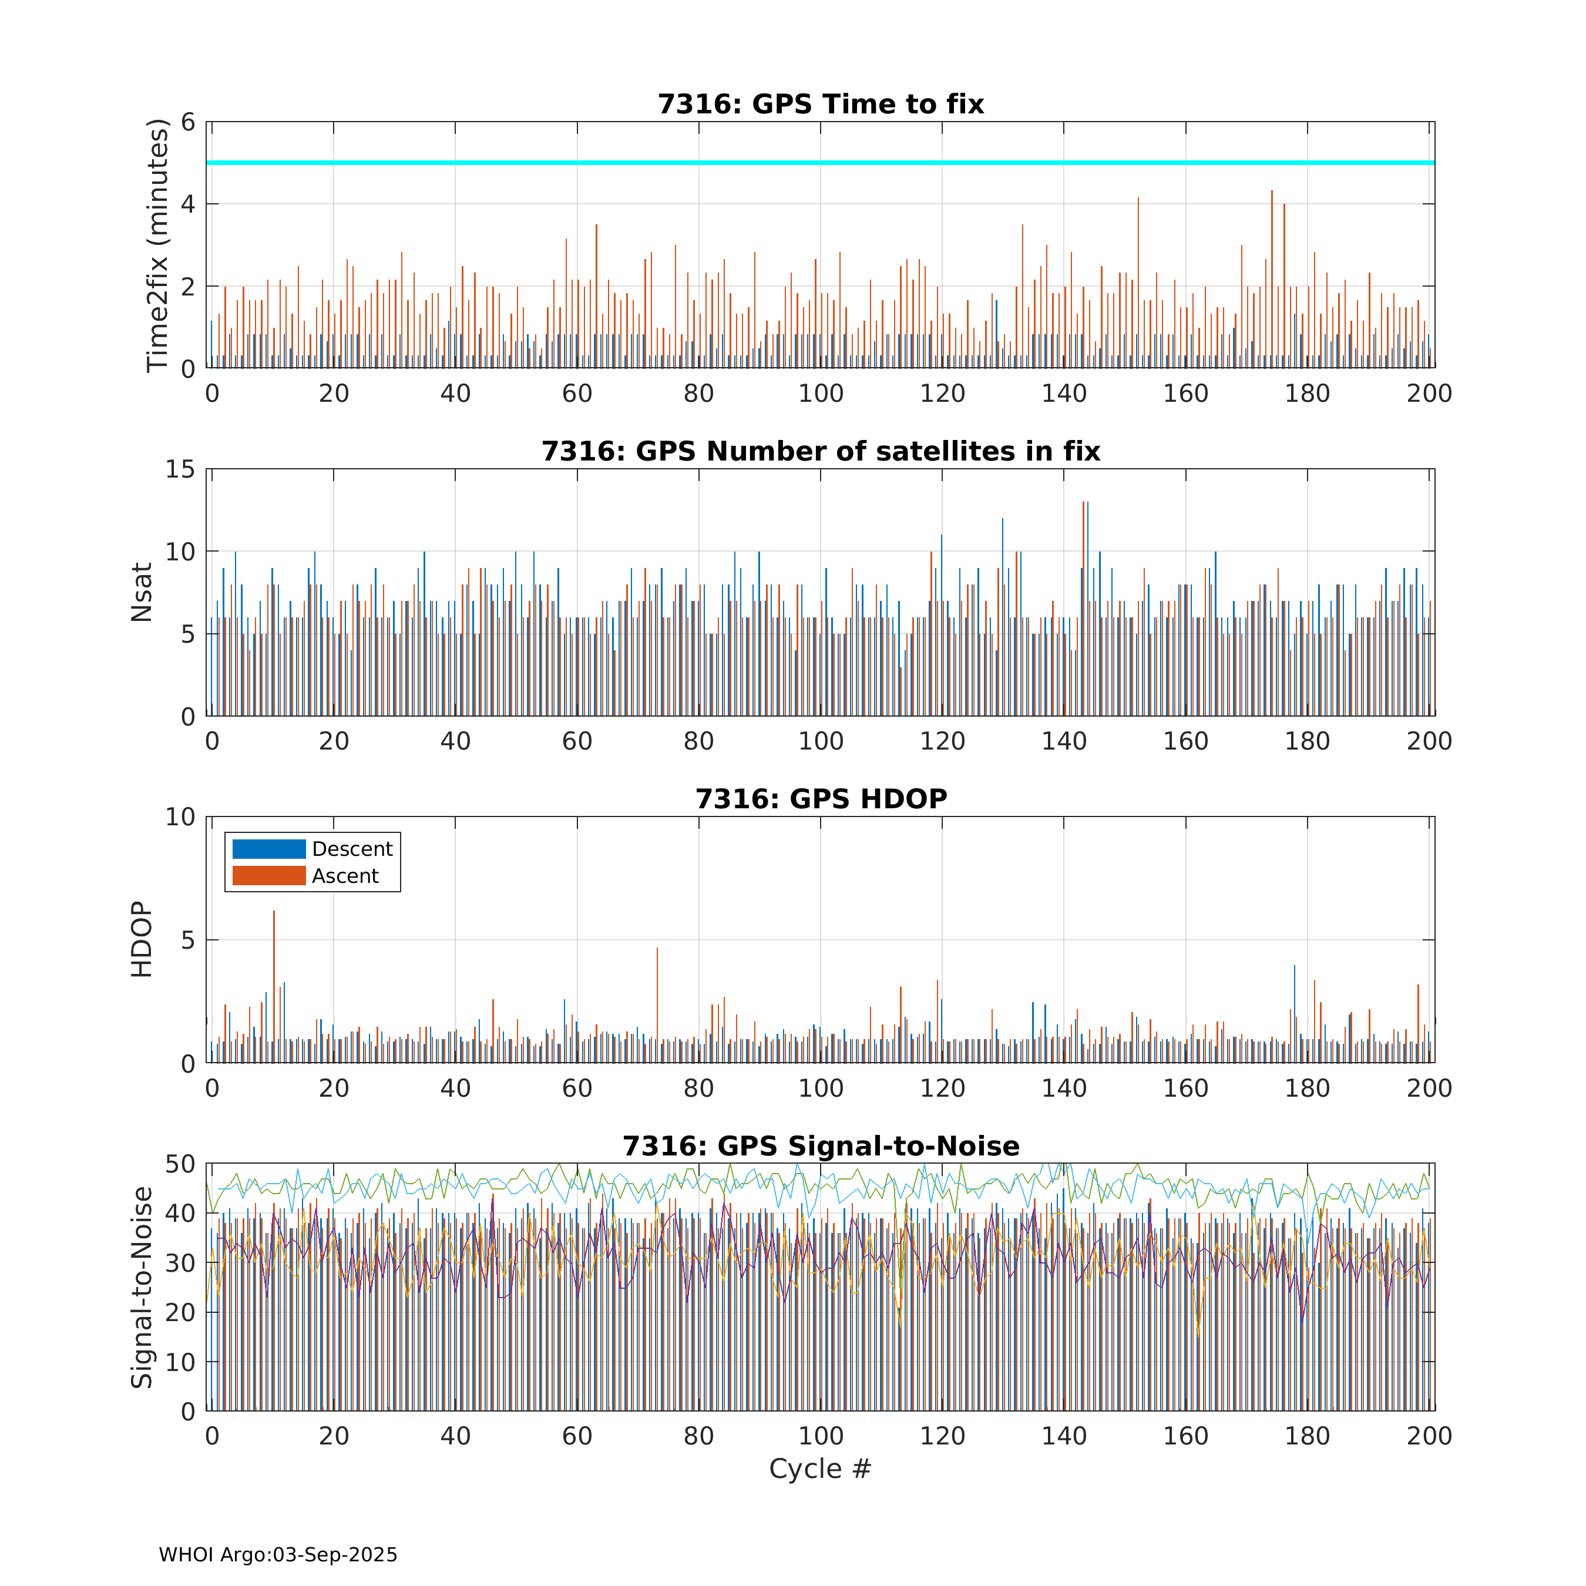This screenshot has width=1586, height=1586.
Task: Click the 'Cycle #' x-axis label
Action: click(x=819, y=1469)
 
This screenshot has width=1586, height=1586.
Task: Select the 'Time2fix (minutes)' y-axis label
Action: click(x=157, y=246)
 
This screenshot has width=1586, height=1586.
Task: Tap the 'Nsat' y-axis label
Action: click(x=142, y=592)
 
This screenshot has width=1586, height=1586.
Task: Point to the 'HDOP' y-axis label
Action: click(x=142, y=939)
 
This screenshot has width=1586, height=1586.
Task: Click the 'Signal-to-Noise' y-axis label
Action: click(x=142, y=1287)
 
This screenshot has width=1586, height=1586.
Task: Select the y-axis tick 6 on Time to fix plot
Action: click(x=188, y=122)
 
